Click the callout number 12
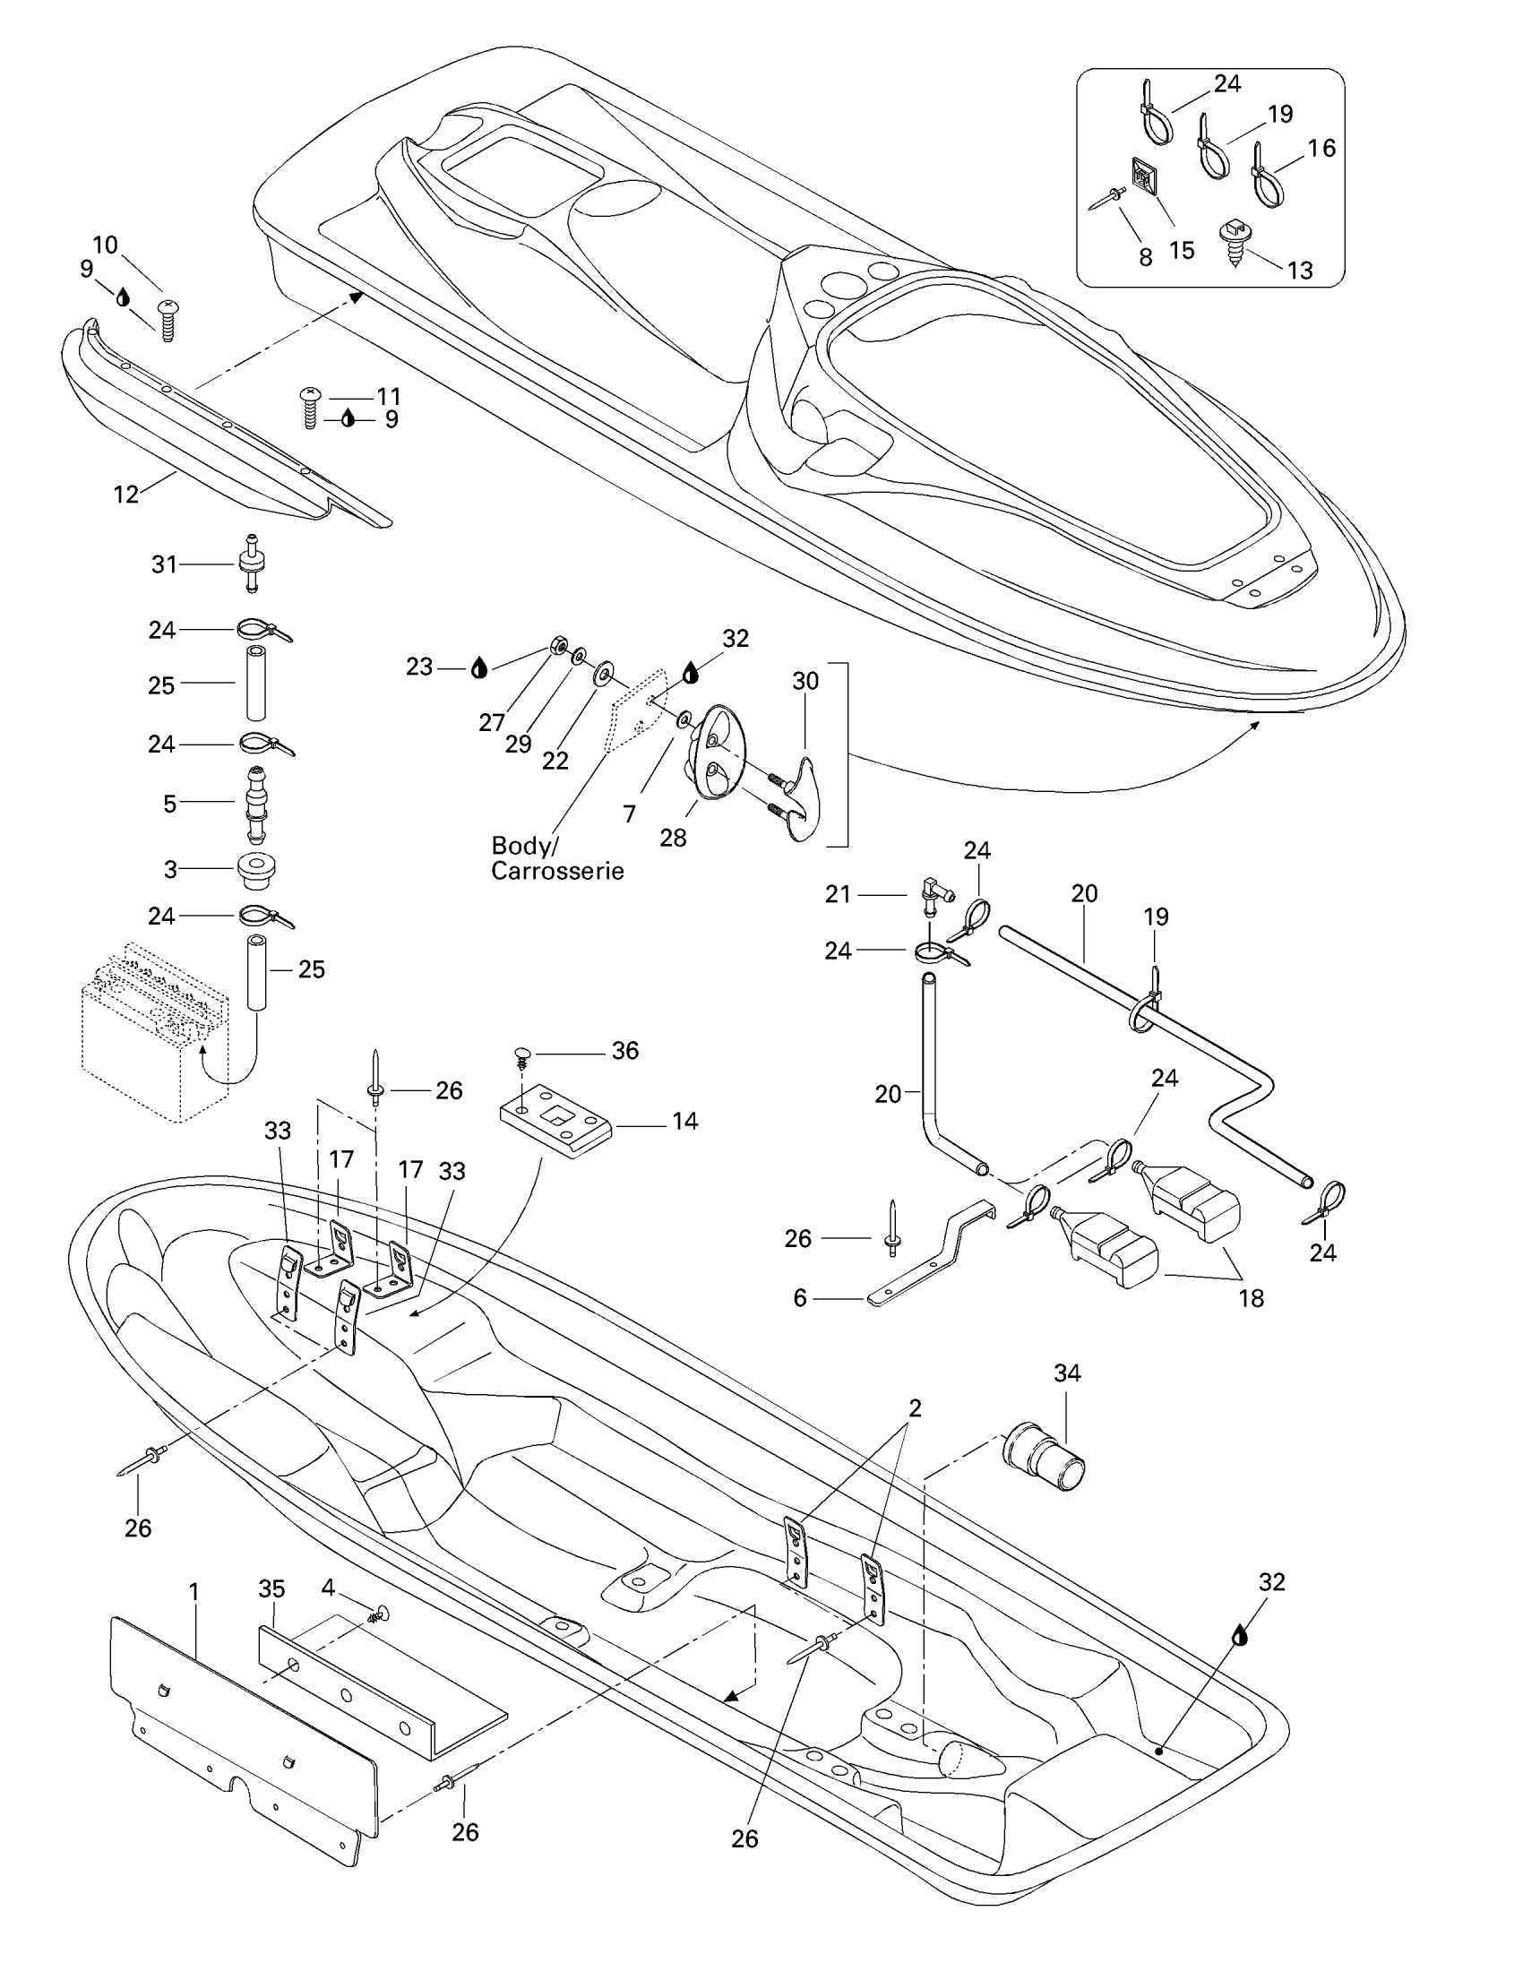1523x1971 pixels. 126,494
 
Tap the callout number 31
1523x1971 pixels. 164,565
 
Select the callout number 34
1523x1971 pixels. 1067,1373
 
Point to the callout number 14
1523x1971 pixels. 684,1122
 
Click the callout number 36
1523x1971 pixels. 624,1051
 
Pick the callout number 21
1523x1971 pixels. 839,894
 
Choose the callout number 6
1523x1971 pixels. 799,1298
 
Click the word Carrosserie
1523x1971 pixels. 556,872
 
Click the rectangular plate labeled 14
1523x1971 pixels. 555,1117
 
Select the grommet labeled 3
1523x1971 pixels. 256,869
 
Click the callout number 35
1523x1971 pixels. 271,1589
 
